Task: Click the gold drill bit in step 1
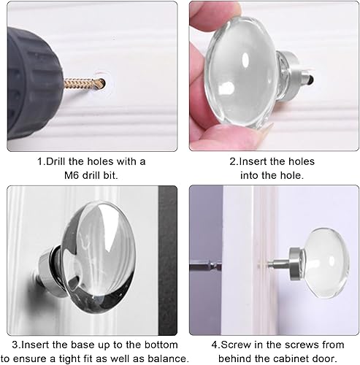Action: [84, 84]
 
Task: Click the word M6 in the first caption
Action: [72, 175]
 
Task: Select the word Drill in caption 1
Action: [55, 161]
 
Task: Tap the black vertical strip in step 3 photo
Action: [167, 261]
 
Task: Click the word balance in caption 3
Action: [168, 358]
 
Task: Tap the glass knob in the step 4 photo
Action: [326, 264]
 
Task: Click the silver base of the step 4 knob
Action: [295, 264]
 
